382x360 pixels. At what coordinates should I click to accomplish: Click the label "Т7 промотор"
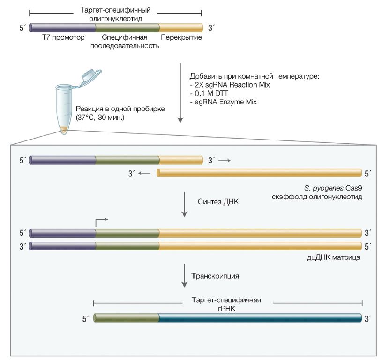63,37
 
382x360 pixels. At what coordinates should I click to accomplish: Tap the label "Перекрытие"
181,37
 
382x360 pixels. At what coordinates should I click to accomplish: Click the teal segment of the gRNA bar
260,318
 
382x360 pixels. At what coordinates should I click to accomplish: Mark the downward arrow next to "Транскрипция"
185,276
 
